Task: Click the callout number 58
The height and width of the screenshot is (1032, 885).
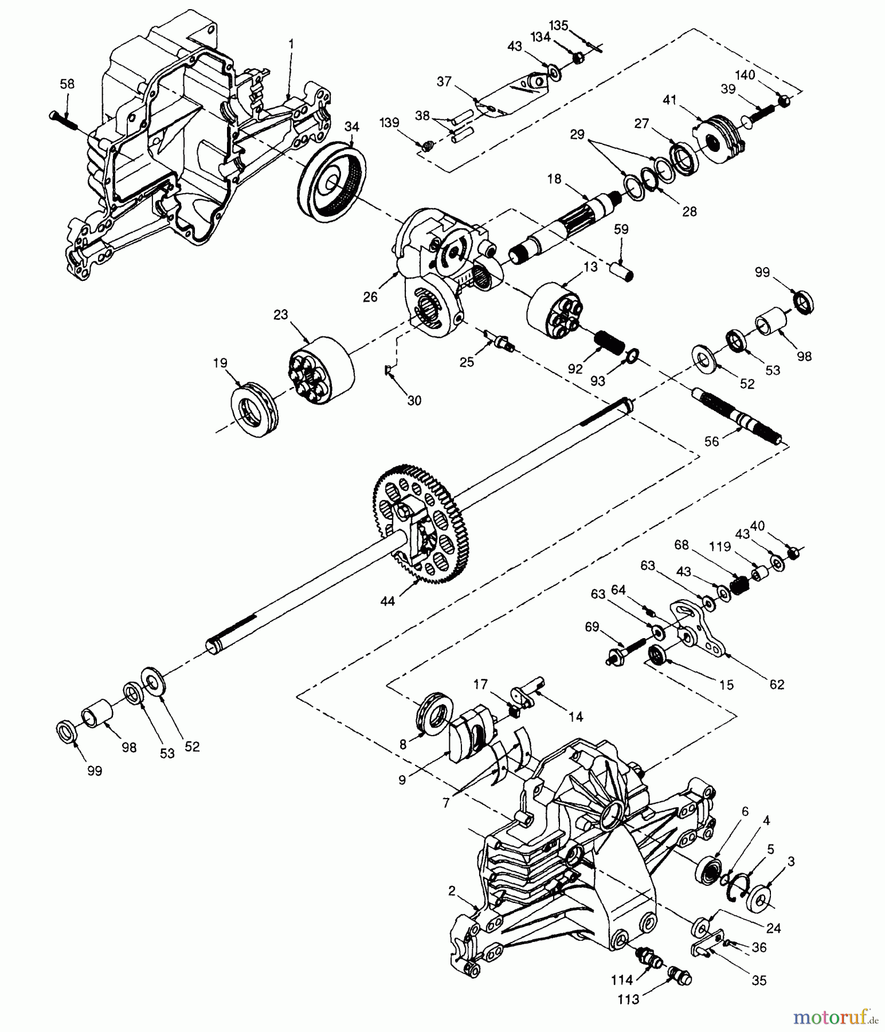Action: [67, 84]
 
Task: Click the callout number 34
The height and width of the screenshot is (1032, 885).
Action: [352, 127]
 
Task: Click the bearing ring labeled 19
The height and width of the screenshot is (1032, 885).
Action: [254, 405]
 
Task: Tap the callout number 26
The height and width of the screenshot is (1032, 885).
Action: [370, 297]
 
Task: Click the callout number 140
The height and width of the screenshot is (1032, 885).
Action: [746, 75]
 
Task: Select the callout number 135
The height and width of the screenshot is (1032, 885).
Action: [559, 25]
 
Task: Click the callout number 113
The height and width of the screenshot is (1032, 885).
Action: [628, 1000]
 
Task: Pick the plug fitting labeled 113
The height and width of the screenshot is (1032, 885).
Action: [681, 975]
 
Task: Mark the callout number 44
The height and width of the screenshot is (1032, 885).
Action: [387, 601]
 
